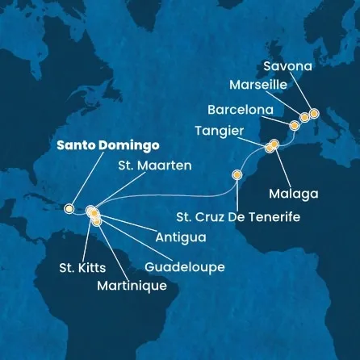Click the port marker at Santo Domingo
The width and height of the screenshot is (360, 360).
pos(69,208)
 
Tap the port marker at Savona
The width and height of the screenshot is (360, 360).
pos(315,114)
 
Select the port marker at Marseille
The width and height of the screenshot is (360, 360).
pos(304,118)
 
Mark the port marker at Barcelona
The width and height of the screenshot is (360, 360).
pos(295,125)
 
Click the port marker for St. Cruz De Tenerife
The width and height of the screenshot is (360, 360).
pos(237,174)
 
